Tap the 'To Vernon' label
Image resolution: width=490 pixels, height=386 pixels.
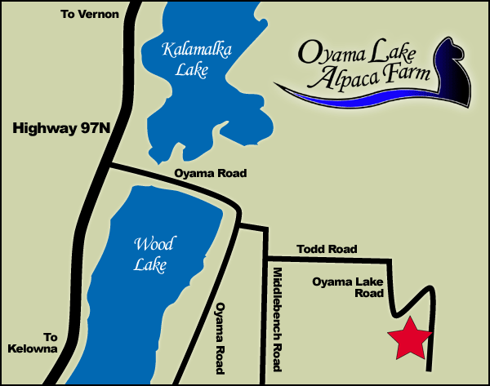pos(90,15)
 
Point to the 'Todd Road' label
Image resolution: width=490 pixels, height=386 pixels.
pos(327,249)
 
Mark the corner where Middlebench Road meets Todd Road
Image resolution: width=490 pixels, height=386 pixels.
pos(266,258)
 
